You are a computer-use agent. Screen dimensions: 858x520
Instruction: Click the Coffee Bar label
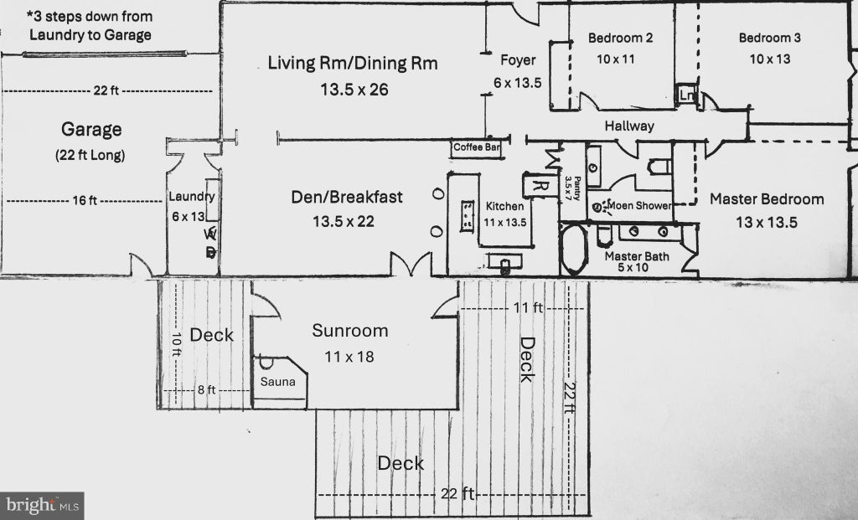click(477, 147)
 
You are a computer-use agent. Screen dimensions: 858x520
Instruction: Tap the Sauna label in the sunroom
click(278, 382)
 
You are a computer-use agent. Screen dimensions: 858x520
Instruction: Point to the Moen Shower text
click(639, 206)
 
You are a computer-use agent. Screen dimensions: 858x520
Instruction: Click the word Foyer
click(518, 60)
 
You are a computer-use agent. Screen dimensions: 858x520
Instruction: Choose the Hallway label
click(629, 126)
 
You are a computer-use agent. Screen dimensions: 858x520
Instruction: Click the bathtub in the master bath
click(573, 249)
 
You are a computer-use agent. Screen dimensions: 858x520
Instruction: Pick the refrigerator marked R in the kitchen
click(539, 185)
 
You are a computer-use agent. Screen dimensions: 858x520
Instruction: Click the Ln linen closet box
click(687, 95)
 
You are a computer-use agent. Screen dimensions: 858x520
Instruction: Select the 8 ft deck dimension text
click(206, 390)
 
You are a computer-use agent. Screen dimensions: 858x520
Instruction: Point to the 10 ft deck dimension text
click(176, 344)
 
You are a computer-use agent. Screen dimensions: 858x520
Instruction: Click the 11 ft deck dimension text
click(528, 308)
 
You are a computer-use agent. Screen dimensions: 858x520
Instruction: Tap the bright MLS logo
click(42, 505)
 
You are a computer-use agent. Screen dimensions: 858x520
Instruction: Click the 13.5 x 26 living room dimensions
click(354, 89)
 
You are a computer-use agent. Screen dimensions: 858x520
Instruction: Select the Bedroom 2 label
click(621, 38)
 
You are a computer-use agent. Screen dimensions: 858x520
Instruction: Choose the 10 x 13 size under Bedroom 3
click(770, 59)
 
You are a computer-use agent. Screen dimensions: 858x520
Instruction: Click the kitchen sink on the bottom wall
click(504, 263)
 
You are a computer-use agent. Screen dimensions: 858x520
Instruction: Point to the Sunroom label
click(350, 330)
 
